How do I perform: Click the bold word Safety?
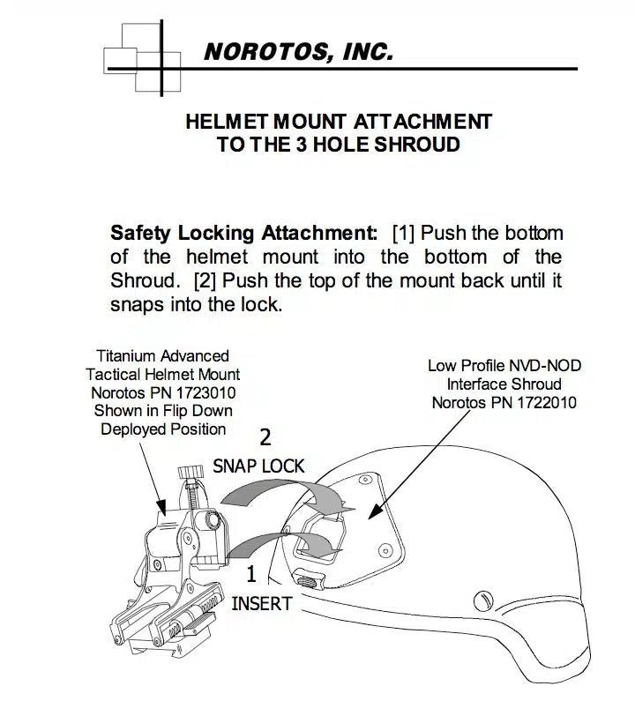click(x=140, y=234)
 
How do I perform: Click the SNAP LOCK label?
click(x=258, y=466)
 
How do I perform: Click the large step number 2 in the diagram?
click(x=264, y=436)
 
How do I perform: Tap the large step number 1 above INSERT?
click(x=250, y=575)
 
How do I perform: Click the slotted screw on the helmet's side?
click(x=482, y=600)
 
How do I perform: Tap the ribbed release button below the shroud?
click(x=309, y=580)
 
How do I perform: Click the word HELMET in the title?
click(x=227, y=121)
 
